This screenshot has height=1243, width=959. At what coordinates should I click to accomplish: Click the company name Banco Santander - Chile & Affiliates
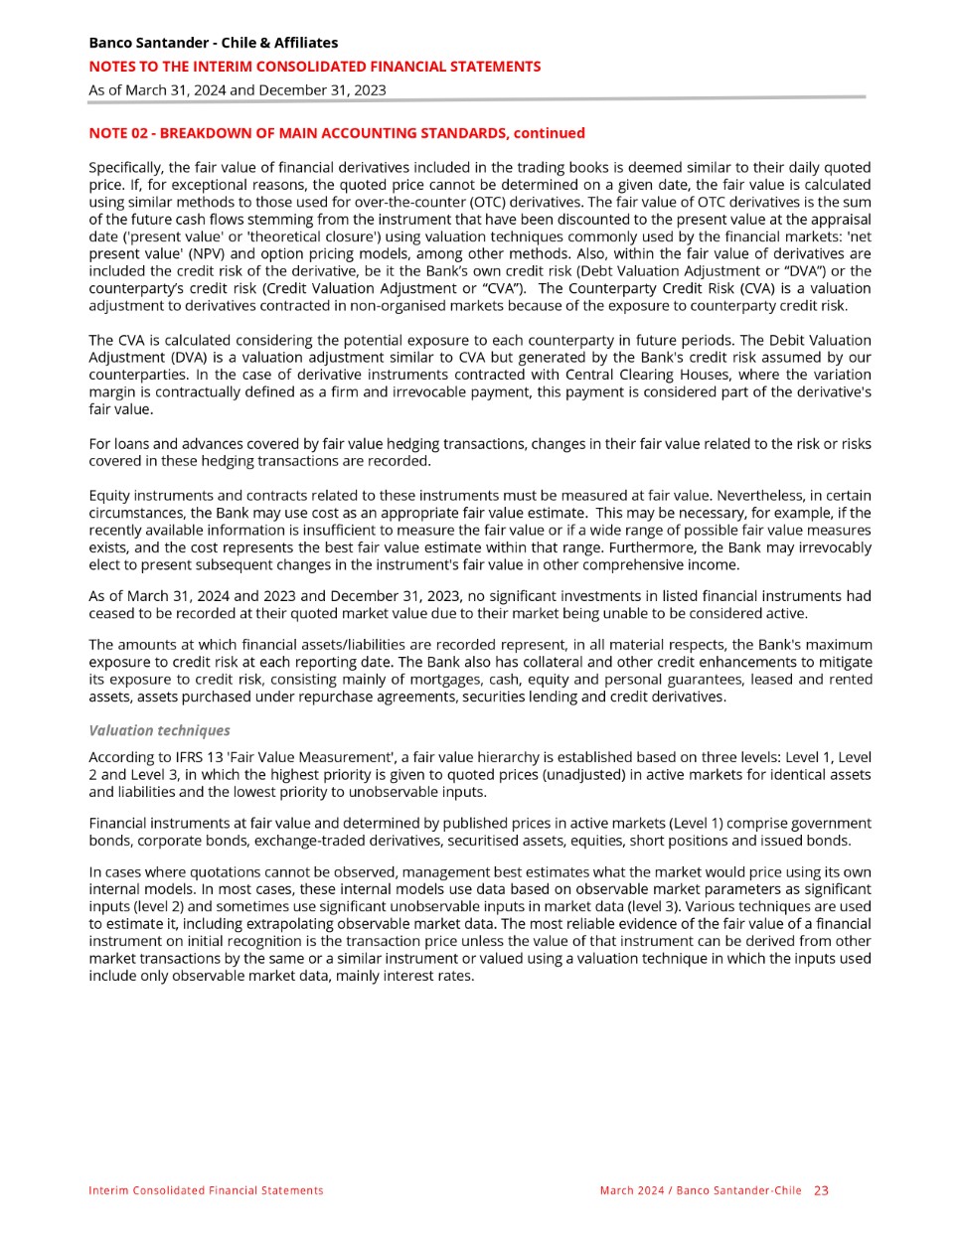(x=213, y=43)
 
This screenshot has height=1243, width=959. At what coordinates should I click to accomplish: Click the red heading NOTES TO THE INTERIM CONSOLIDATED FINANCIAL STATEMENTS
(x=315, y=67)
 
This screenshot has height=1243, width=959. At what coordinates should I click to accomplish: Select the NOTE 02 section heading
(x=336, y=133)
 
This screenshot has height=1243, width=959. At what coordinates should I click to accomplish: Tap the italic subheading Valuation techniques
(x=159, y=730)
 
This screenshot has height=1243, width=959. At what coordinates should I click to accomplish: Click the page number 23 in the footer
(x=821, y=1190)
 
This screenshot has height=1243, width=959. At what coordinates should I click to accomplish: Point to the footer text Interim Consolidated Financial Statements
(x=206, y=1190)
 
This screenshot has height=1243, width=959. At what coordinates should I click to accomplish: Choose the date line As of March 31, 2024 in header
(x=238, y=89)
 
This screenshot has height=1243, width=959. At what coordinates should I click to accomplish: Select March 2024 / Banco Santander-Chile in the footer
(x=700, y=1190)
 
